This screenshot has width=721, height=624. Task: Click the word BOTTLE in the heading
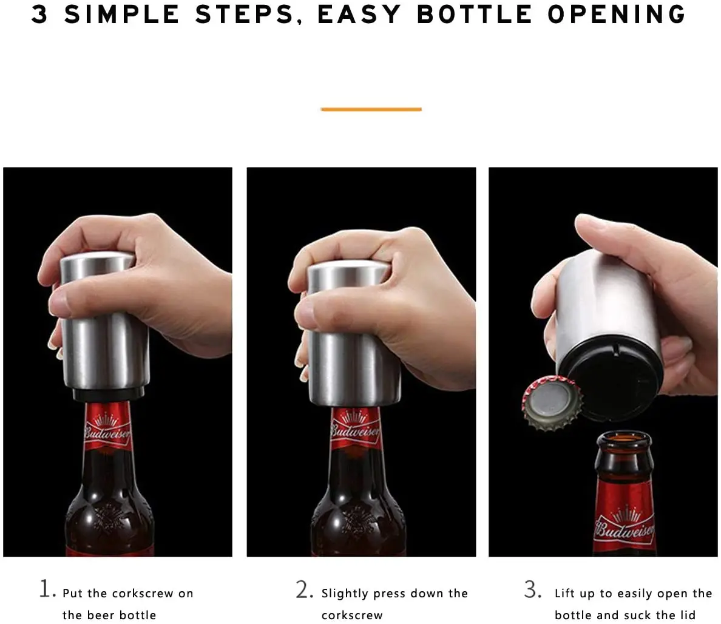pos(474,15)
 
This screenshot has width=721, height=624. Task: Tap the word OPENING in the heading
pos(616,15)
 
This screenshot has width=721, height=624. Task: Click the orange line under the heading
pos(371,109)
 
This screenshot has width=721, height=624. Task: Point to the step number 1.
pos(46,589)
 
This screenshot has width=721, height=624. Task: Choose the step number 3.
pos(532,590)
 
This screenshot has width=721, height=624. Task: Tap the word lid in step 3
pos(687,615)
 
